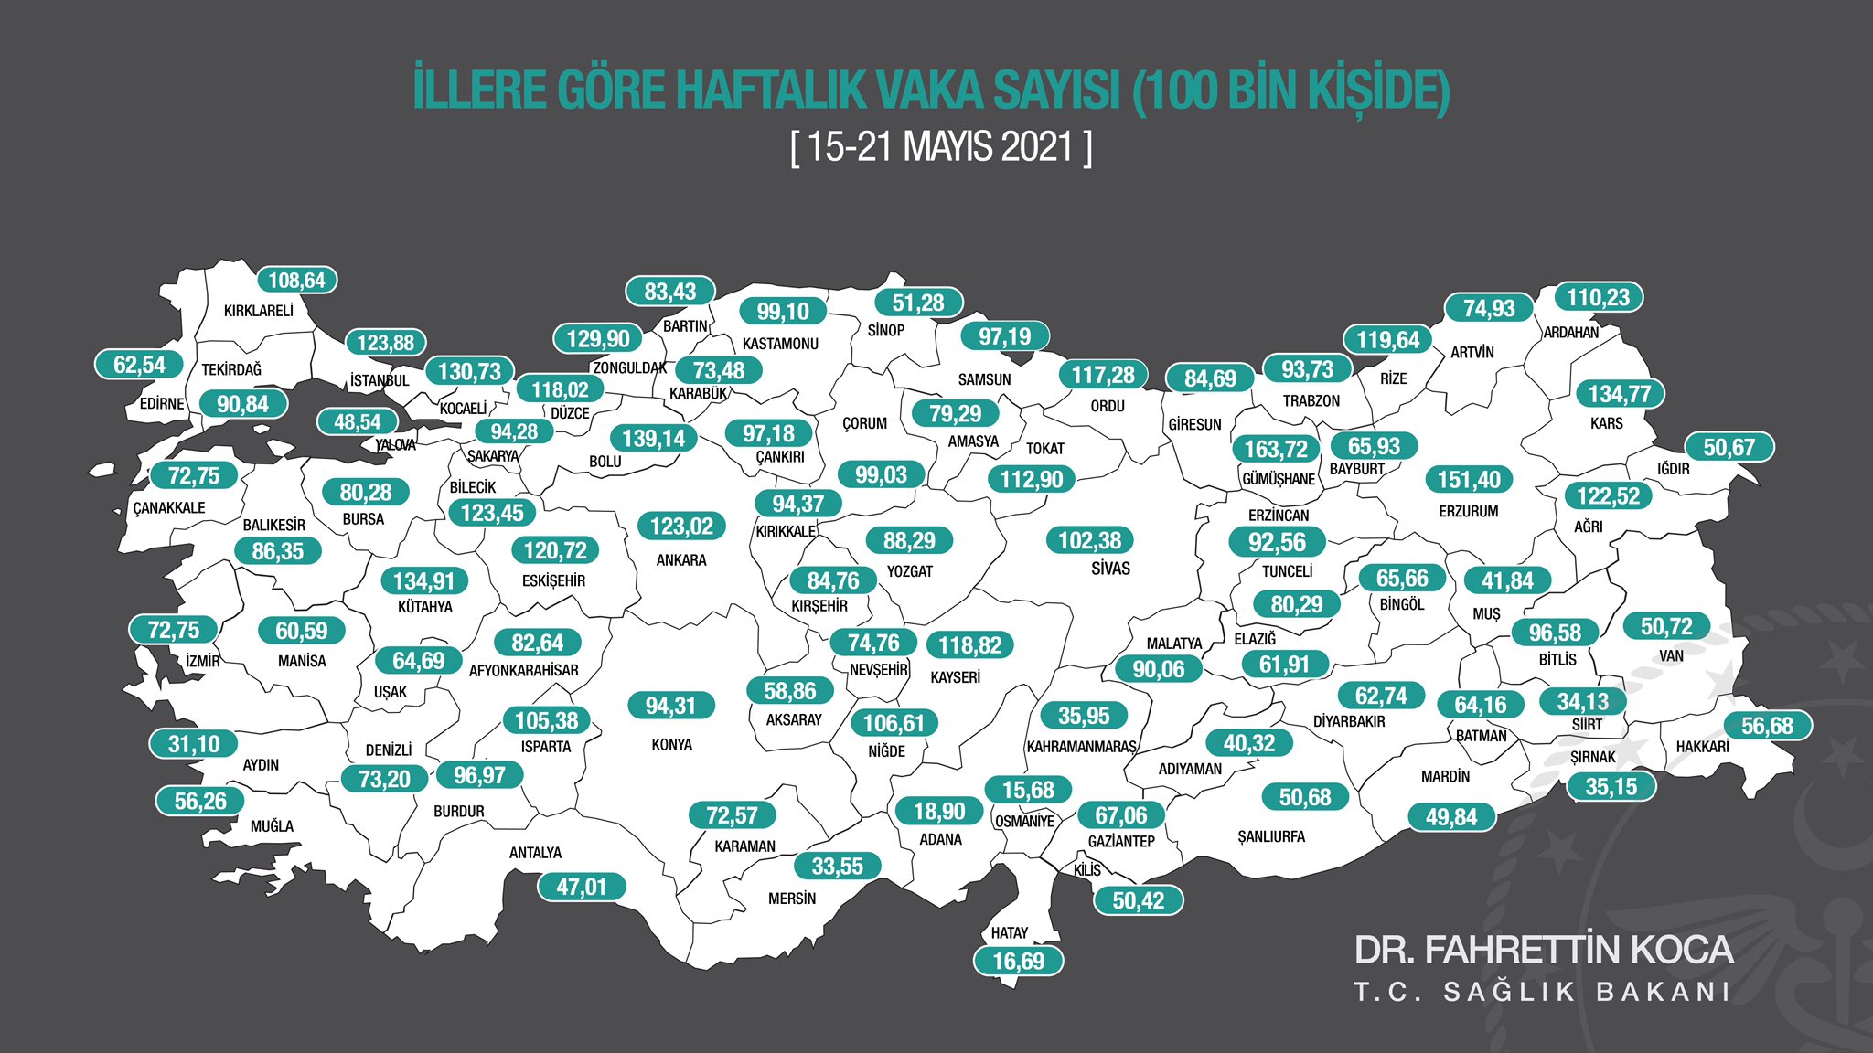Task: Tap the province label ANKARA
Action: [681, 560]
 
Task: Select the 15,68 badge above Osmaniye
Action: [1028, 790]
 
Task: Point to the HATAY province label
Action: [1010, 933]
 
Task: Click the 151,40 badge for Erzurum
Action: [1469, 479]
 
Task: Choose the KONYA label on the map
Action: [671, 745]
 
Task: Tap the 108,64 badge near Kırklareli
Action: [296, 281]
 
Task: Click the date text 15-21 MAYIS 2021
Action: [940, 147]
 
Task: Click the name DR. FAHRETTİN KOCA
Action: [1543, 950]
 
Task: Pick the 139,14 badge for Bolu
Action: [653, 438]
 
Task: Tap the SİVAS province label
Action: [1110, 569]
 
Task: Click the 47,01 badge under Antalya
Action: [581, 887]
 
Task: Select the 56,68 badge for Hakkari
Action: [1767, 726]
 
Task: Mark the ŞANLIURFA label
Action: [1271, 837]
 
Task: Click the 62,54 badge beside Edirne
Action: [139, 365]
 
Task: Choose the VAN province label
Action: [1671, 656]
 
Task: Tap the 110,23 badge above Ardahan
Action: [1598, 297]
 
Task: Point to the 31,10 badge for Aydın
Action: [194, 744]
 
